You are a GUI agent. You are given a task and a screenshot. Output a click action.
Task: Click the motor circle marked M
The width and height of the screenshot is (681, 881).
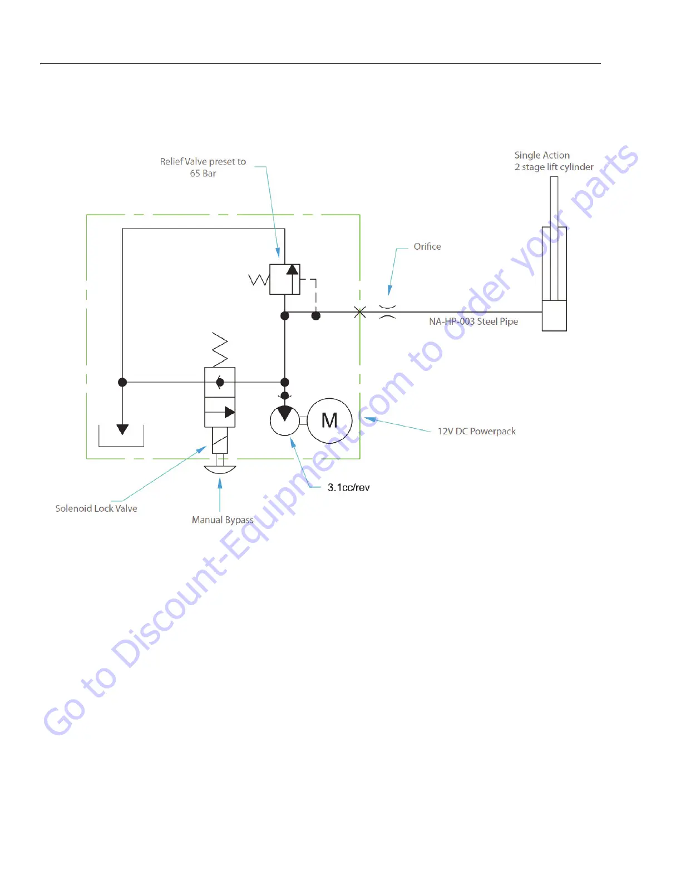coord(329,420)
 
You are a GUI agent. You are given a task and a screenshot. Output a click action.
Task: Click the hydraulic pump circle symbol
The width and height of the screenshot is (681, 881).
coord(284,421)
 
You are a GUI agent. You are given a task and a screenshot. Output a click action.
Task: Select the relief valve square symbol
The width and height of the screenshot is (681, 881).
coord(284,279)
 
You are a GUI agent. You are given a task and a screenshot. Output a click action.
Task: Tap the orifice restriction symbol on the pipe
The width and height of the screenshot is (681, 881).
coord(387,312)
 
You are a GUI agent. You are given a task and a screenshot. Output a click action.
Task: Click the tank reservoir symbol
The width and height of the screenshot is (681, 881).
coord(121,437)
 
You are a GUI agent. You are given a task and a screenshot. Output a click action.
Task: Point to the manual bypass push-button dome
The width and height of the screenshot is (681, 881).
coord(220,469)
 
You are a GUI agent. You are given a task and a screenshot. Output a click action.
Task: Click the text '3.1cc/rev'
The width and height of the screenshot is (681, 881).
coord(348,488)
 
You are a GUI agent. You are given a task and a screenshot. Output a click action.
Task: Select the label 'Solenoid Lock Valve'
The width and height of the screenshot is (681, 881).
coord(96,508)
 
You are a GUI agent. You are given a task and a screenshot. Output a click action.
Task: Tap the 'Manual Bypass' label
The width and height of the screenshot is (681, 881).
coord(223,520)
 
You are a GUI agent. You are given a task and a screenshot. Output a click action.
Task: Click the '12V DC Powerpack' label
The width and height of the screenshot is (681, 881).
coord(476,432)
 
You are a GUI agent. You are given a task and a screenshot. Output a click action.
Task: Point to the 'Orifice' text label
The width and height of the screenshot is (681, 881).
coord(427,247)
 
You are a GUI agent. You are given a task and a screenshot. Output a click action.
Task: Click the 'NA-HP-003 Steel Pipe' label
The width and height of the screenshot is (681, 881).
coord(473,321)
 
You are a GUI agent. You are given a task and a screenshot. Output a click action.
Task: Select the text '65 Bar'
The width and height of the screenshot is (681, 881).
coord(203,174)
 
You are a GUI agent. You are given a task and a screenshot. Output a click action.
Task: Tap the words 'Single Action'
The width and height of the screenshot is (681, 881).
coord(542,155)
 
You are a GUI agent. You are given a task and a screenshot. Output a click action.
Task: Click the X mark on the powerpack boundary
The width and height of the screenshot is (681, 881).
coord(360,313)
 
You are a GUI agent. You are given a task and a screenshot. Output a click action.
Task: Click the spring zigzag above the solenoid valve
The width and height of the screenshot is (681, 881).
coord(220,349)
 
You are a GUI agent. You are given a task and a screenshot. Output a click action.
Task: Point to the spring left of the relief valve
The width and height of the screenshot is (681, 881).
coord(259,279)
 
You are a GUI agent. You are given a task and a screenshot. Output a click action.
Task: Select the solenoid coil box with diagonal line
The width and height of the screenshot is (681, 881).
coord(220,441)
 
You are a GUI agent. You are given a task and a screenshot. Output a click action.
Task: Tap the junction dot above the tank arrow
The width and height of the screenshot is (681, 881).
coord(122,382)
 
